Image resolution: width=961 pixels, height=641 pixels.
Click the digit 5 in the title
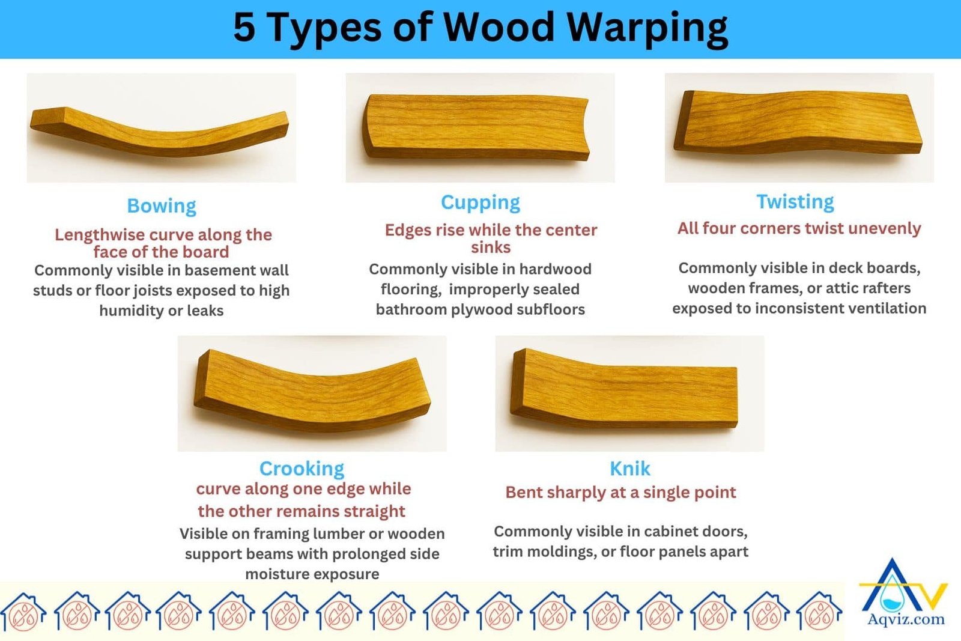[x=244, y=28]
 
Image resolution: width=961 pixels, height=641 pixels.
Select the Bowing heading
[x=162, y=206]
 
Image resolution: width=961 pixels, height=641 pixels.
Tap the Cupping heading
[x=480, y=202]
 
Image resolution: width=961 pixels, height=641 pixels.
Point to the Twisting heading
[x=795, y=202]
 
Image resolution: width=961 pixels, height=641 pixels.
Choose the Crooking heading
[x=302, y=468]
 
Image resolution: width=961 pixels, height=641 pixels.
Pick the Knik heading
[x=629, y=468]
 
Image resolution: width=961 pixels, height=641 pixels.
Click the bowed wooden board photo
[x=161, y=129]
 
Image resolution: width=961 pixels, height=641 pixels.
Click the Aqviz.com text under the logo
[x=906, y=619]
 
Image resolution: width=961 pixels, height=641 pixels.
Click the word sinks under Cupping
[x=491, y=248]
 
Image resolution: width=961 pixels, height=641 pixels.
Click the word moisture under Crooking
[x=273, y=574]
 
